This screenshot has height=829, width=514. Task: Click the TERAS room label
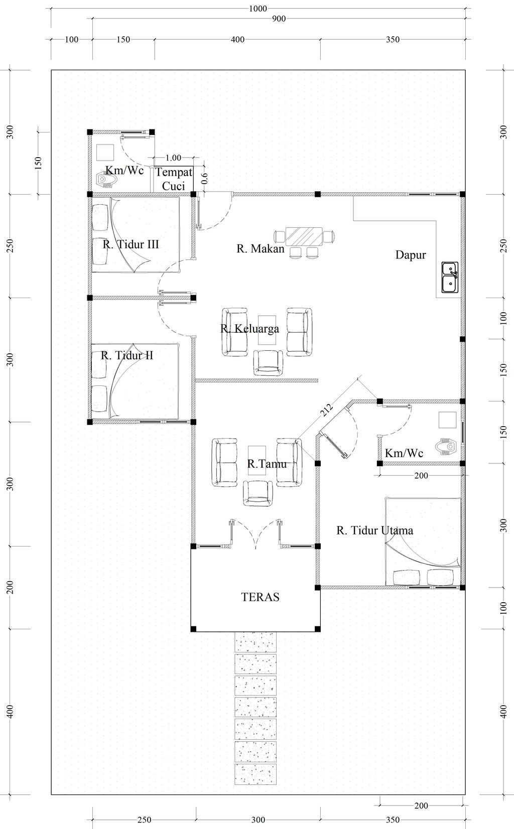pyautogui.click(x=260, y=597)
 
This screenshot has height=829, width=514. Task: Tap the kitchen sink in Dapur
pyautogui.click(x=450, y=277)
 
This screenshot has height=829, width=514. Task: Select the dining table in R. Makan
pyautogui.click(x=304, y=236)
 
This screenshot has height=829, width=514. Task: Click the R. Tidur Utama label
pyautogui.click(x=374, y=530)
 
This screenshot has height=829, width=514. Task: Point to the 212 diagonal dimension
pyautogui.click(x=326, y=409)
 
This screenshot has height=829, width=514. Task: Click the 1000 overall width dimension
pyautogui.click(x=258, y=9)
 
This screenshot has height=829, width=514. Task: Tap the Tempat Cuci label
pyautogui.click(x=174, y=179)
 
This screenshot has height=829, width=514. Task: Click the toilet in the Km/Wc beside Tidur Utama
pyautogui.click(x=447, y=447)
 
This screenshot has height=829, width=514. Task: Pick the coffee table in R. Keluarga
pyautogui.click(x=267, y=330)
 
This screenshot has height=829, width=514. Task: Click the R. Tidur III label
pyautogui.click(x=131, y=244)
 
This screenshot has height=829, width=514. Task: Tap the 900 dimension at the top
pyautogui.click(x=279, y=19)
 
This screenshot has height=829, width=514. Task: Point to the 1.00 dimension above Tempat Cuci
pyautogui.click(x=173, y=158)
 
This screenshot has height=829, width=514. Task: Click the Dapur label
pyautogui.click(x=410, y=255)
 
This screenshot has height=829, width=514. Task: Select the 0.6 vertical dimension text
pyautogui.click(x=204, y=178)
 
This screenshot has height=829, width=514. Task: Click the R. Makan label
pyautogui.click(x=261, y=249)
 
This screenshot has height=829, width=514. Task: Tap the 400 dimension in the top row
pyautogui.click(x=237, y=39)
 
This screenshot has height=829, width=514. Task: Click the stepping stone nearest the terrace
pyautogui.click(x=255, y=642)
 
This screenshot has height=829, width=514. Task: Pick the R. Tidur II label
pyautogui.click(x=126, y=355)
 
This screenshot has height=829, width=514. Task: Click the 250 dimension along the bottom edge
pyautogui.click(x=144, y=820)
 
